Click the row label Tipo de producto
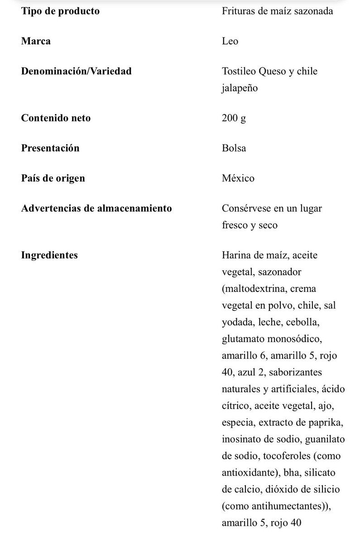pyautogui.click(x=60, y=11)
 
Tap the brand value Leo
pyautogui.click(x=230, y=41)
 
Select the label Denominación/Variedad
pyautogui.click(x=76, y=71)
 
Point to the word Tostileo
pyautogui.click(x=239, y=71)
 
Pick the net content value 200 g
pyautogui.click(x=234, y=118)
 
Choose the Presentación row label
pyautogui.click(x=50, y=148)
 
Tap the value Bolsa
pyautogui.click(x=234, y=148)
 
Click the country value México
pyautogui.click(x=238, y=178)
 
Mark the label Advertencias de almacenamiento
pyautogui.click(x=96, y=208)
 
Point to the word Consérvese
pyautogui.click(x=247, y=208)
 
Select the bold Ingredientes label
pyautogui.click(x=49, y=255)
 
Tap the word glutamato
pyautogui.click(x=245, y=338)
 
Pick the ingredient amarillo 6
pyautogui.click(x=244, y=355)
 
